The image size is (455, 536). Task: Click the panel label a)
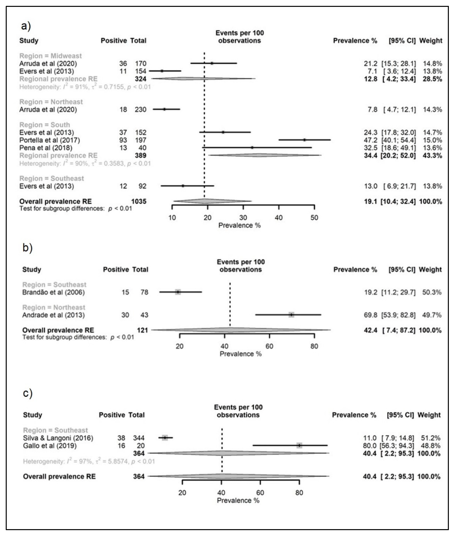tap(26, 26)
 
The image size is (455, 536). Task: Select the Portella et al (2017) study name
tap(49, 140)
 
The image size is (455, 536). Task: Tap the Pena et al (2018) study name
tap(46, 148)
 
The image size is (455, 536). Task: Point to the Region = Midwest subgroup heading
tap(51, 56)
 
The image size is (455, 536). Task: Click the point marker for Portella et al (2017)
tap(304, 140)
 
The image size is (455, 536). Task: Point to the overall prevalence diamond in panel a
tap(212, 201)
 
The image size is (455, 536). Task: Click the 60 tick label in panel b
tap(269, 346)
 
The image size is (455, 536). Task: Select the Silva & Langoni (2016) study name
tap(58, 438)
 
